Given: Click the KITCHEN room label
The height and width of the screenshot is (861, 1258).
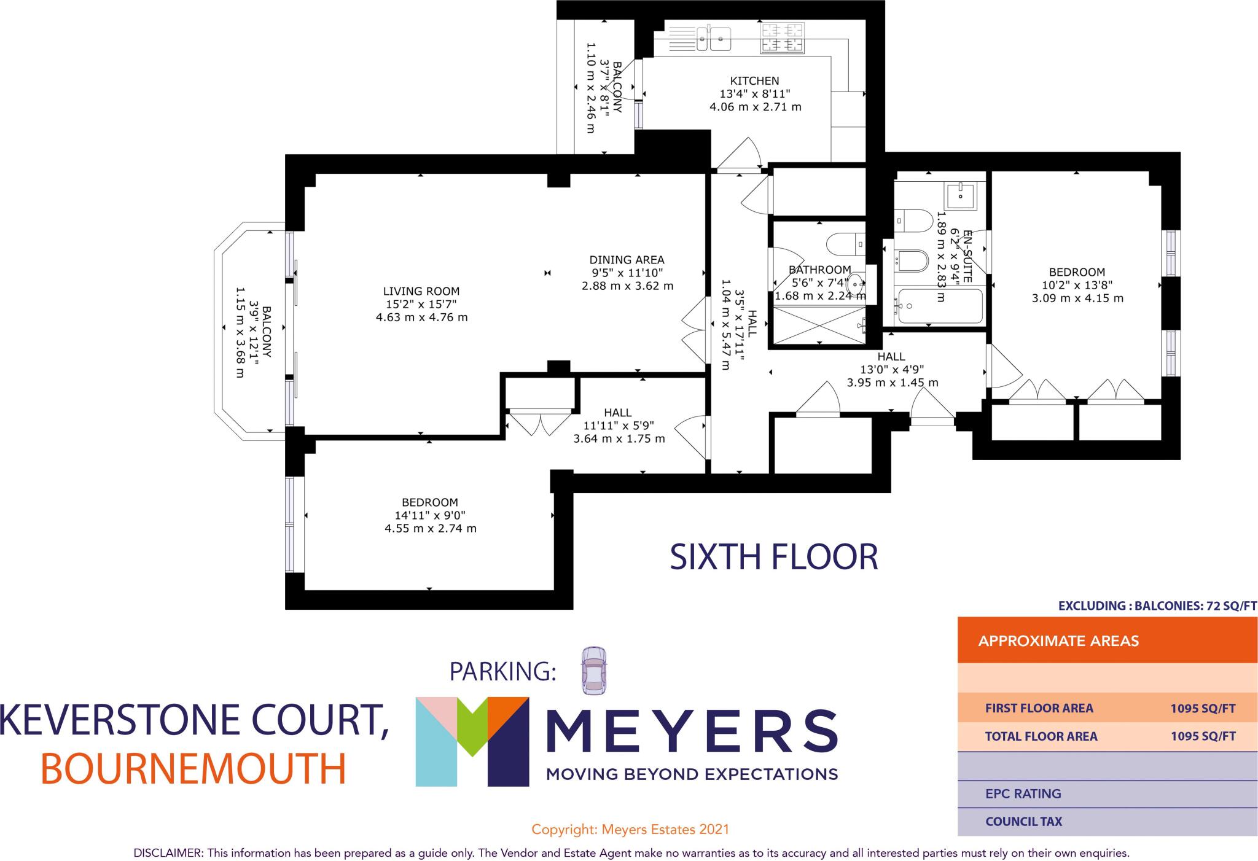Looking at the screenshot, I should pos(754,80).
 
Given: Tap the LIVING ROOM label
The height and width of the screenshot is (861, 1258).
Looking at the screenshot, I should pos(421,291).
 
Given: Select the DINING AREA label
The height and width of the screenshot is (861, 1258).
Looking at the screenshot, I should pos(627,260).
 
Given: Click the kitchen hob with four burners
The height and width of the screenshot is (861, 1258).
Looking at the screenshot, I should pos(783,37).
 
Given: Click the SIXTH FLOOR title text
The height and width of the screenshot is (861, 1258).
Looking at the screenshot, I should pos(773,557).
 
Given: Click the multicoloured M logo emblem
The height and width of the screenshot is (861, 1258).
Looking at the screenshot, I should pos(472,741).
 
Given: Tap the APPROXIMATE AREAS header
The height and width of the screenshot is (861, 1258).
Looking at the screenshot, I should pos(1058,641).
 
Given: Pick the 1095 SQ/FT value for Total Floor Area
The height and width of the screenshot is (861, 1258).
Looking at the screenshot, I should pos(1203,736).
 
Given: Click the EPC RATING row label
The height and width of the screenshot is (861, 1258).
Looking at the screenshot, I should pos(1023,793).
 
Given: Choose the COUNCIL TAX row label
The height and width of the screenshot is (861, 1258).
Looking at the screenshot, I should pos(1023,821).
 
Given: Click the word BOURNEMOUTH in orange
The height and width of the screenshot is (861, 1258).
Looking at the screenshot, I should pos(193,768).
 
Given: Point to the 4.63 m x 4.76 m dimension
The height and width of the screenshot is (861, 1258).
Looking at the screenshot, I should pos(421,317).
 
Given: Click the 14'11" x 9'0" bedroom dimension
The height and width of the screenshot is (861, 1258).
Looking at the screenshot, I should pos(430,515).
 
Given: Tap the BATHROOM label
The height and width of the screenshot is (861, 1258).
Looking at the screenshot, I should pos(819,270).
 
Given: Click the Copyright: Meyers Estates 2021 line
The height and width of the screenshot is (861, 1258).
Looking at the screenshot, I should pos(630,830).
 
